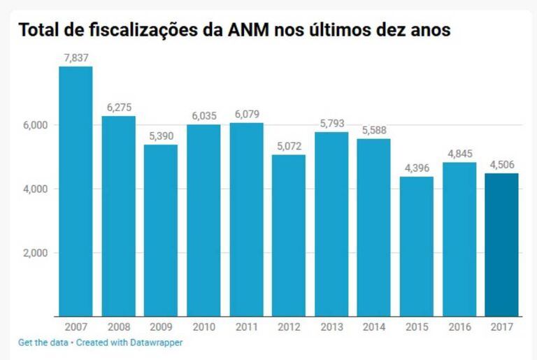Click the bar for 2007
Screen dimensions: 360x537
pyautogui.click(x=76, y=192)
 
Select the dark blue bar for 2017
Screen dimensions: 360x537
pyautogui.click(x=502, y=245)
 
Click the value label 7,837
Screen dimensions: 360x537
pyautogui.click(x=76, y=58)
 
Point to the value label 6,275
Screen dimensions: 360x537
pyautogui.click(x=119, y=108)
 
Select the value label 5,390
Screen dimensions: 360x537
pyautogui.click(x=161, y=136)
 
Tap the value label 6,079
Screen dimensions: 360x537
pyautogui.click(x=246, y=115)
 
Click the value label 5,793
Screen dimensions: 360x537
pyautogui.click(x=331, y=124)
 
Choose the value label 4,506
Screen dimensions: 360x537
pyautogui.click(x=502, y=165)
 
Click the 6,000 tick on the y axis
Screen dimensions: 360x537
pyautogui.click(x=33, y=125)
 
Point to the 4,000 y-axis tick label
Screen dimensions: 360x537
pyautogui.click(x=33, y=189)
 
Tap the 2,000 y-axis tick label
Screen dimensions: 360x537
pyautogui.click(x=33, y=253)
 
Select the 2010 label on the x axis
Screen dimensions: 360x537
pyautogui.click(x=203, y=327)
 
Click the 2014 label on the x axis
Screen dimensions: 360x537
pyautogui.click(x=374, y=327)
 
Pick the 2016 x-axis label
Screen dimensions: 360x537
pyautogui.click(x=459, y=327)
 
